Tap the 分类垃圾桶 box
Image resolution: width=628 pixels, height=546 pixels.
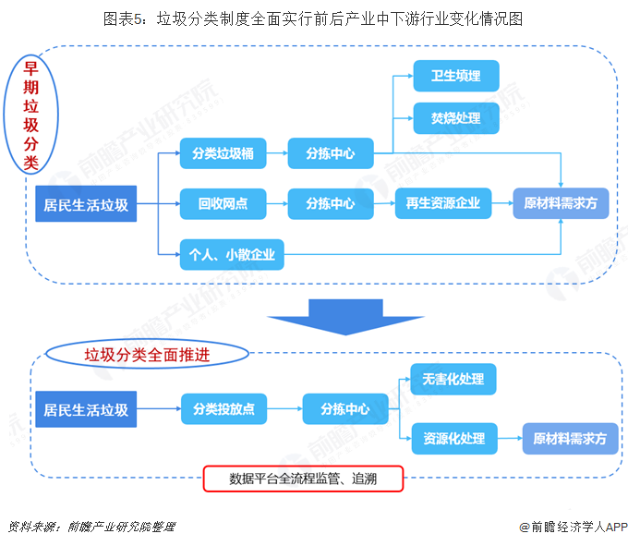[x=223, y=153]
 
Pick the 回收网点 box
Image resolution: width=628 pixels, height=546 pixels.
[x=223, y=203]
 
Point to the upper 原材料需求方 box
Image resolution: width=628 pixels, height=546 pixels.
[x=561, y=203]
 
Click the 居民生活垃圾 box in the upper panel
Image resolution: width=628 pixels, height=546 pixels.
[x=86, y=204]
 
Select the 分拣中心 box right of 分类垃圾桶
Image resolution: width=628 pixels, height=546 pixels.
[x=330, y=153]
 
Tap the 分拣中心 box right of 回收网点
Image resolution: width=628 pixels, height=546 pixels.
[x=330, y=203]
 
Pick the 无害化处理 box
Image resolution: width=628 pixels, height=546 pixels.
[x=453, y=379]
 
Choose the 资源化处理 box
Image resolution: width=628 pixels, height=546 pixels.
[x=453, y=438]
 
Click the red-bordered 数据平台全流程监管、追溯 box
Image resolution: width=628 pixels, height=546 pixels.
[x=303, y=479]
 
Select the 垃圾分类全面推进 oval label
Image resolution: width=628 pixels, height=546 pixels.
[x=147, y=354]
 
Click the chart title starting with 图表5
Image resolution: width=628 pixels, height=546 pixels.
[x=313, y=18]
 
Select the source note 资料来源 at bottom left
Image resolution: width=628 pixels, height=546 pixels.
[x=91, y=528]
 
